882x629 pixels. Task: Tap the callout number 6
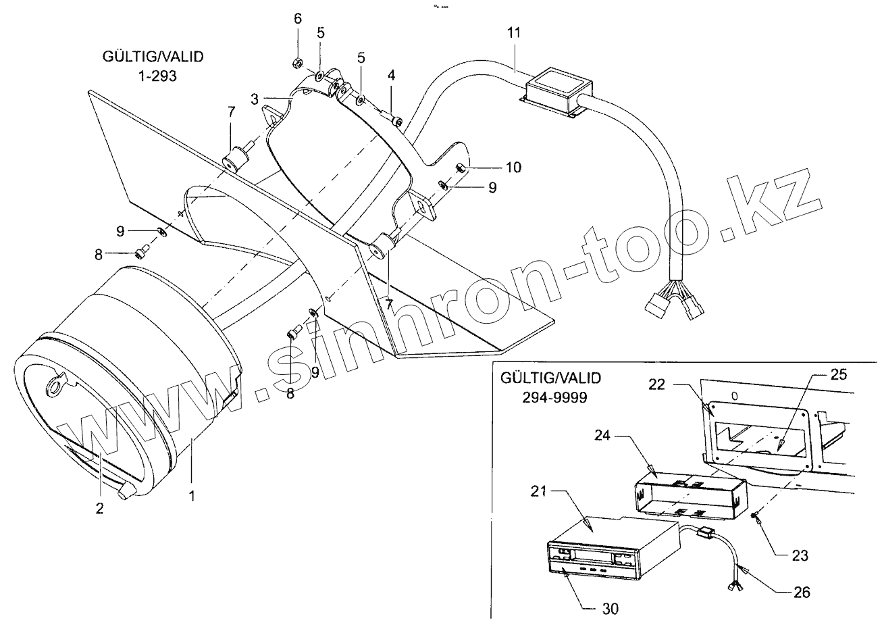(x=298, y=18)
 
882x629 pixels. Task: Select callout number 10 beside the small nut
(x=513, y=168)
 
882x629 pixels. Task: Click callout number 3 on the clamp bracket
(x=255, y=99)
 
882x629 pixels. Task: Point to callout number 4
(x=391, y=74)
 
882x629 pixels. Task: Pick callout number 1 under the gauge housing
(x=192, y=496)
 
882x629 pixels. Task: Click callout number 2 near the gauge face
(x=99, y=509)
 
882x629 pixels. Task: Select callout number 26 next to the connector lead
(x=802, y=593)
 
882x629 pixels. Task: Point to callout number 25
(x=835, y=373)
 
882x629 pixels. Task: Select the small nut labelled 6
(x=296, y=64)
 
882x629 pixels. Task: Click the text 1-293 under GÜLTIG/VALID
(x=155, y=76)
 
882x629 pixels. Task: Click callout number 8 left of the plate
(x=99, y=254)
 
